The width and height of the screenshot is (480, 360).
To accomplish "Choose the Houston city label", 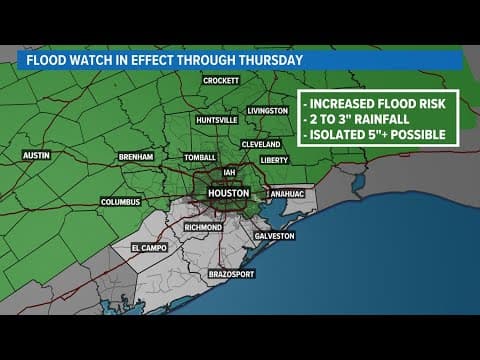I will click(227, 192).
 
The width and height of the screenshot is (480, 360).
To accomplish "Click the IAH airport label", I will click(230, 171).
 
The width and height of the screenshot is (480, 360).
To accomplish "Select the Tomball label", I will click(201, 157).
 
